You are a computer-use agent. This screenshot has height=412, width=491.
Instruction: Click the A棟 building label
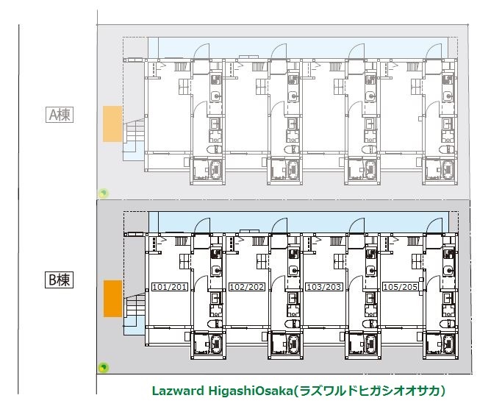coord(60,115)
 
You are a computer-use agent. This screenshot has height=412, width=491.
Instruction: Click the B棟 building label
coord(60,280)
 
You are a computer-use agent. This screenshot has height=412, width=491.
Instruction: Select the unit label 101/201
coord(169,287)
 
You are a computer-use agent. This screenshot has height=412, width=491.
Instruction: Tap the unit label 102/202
coord(247,287)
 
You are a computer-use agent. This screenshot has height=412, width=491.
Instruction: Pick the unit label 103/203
coord(324,287)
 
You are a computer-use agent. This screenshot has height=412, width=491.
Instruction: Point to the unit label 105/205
coord(401,287)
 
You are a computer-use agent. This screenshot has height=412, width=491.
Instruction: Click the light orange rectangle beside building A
coord(112,124)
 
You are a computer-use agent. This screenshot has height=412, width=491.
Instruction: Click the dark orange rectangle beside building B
coord(112,299)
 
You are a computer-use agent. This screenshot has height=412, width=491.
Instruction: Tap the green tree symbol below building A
coord(104,193)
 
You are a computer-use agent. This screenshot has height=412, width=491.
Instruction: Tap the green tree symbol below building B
coord(104,367)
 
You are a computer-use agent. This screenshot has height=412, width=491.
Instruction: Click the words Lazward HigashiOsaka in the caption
coord(222,391)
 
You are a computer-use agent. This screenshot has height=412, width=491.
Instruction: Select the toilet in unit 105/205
coord(446,324)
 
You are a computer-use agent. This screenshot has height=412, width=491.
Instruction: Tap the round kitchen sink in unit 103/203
coord(370,270)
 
